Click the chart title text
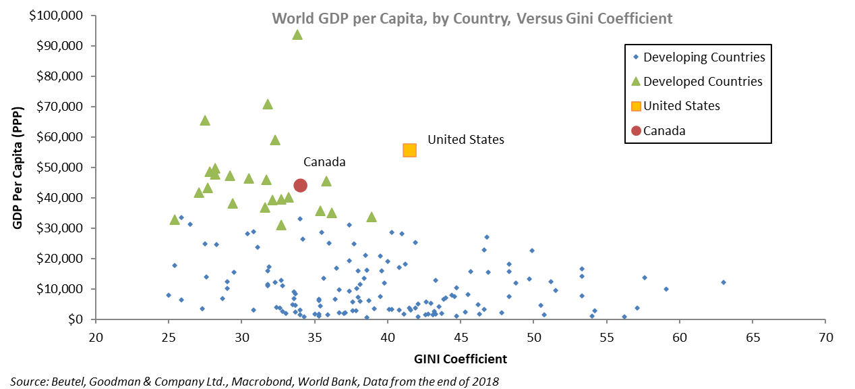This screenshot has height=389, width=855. click(x=472, y=18)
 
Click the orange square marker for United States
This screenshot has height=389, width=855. click(x=409, y=150)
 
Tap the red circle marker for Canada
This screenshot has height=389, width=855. click(x=301, y=185)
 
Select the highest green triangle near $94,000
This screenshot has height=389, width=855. click(x=297, y=34)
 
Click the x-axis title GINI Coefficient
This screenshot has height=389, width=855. click(x=460, y=357)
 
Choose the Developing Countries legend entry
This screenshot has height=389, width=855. click(x=704, y=57)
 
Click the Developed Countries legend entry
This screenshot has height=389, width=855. click(x=703, y=82)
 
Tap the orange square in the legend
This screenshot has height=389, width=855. click(x=635, y=106)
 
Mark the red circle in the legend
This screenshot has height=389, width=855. click(x=635, y=131)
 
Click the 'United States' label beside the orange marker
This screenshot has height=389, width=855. click(x=465, y=140)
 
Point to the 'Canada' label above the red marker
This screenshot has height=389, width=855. click(x=324, y=162)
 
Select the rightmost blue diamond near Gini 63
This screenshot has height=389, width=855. click(x=724, y=282)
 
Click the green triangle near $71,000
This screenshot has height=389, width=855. click(x=268, y=104)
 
